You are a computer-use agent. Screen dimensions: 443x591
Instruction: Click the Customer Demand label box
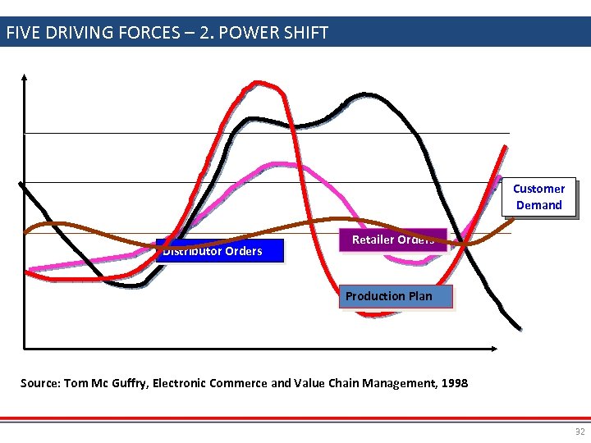538,197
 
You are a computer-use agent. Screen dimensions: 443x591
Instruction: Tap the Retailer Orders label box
393,240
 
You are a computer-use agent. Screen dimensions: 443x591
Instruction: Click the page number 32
580,432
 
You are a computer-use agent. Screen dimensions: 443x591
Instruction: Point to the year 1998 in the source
453,382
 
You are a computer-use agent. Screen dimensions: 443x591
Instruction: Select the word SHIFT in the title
304,33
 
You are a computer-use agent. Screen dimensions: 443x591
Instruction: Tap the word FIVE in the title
25,33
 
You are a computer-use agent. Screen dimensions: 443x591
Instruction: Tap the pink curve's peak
281,163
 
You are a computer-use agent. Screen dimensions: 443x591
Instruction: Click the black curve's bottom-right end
519,329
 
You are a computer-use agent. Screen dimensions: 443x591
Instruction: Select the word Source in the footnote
39,382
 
